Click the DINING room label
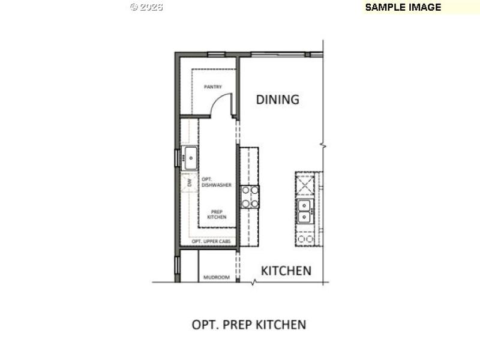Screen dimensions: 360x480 coord(277,100)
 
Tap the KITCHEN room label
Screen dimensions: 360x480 coord(286,271)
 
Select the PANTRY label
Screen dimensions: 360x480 coord(212,87)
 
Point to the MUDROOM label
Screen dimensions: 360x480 coord(217,278)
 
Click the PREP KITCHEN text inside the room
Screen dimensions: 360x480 coord(217,214)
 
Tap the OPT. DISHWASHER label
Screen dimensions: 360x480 coord(216,182)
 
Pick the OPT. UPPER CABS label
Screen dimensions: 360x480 coord(211,241)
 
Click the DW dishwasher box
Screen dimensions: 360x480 coord(188,182)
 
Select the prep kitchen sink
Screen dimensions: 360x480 coord(190,158)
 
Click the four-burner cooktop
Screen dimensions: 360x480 coord(250,196)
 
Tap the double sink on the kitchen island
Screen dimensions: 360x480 coord(305,211)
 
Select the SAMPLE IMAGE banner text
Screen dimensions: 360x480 coord(403,7)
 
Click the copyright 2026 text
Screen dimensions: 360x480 coord(146,7)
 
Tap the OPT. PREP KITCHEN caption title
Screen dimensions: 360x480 coord(248,325)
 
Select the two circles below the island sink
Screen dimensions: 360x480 coord(305,239)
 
